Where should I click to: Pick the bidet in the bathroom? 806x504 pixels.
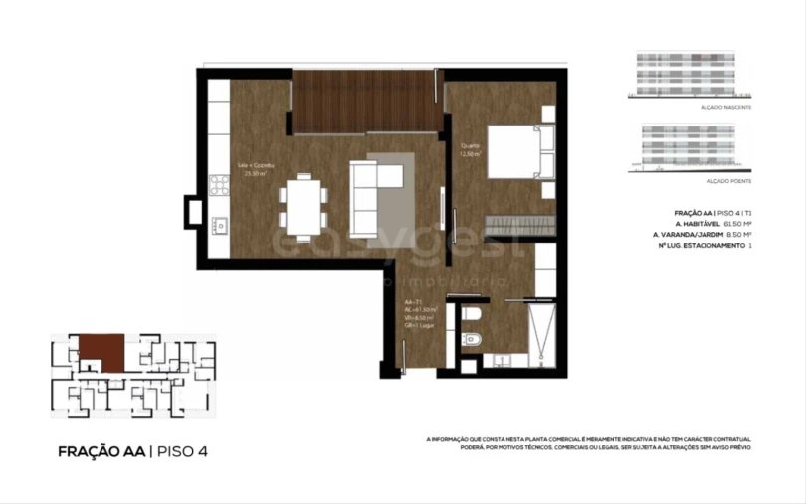tap(472, 342)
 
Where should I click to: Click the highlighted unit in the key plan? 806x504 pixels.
tap(101, 349)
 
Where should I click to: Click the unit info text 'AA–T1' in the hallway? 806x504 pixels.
tap(411, 301)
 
